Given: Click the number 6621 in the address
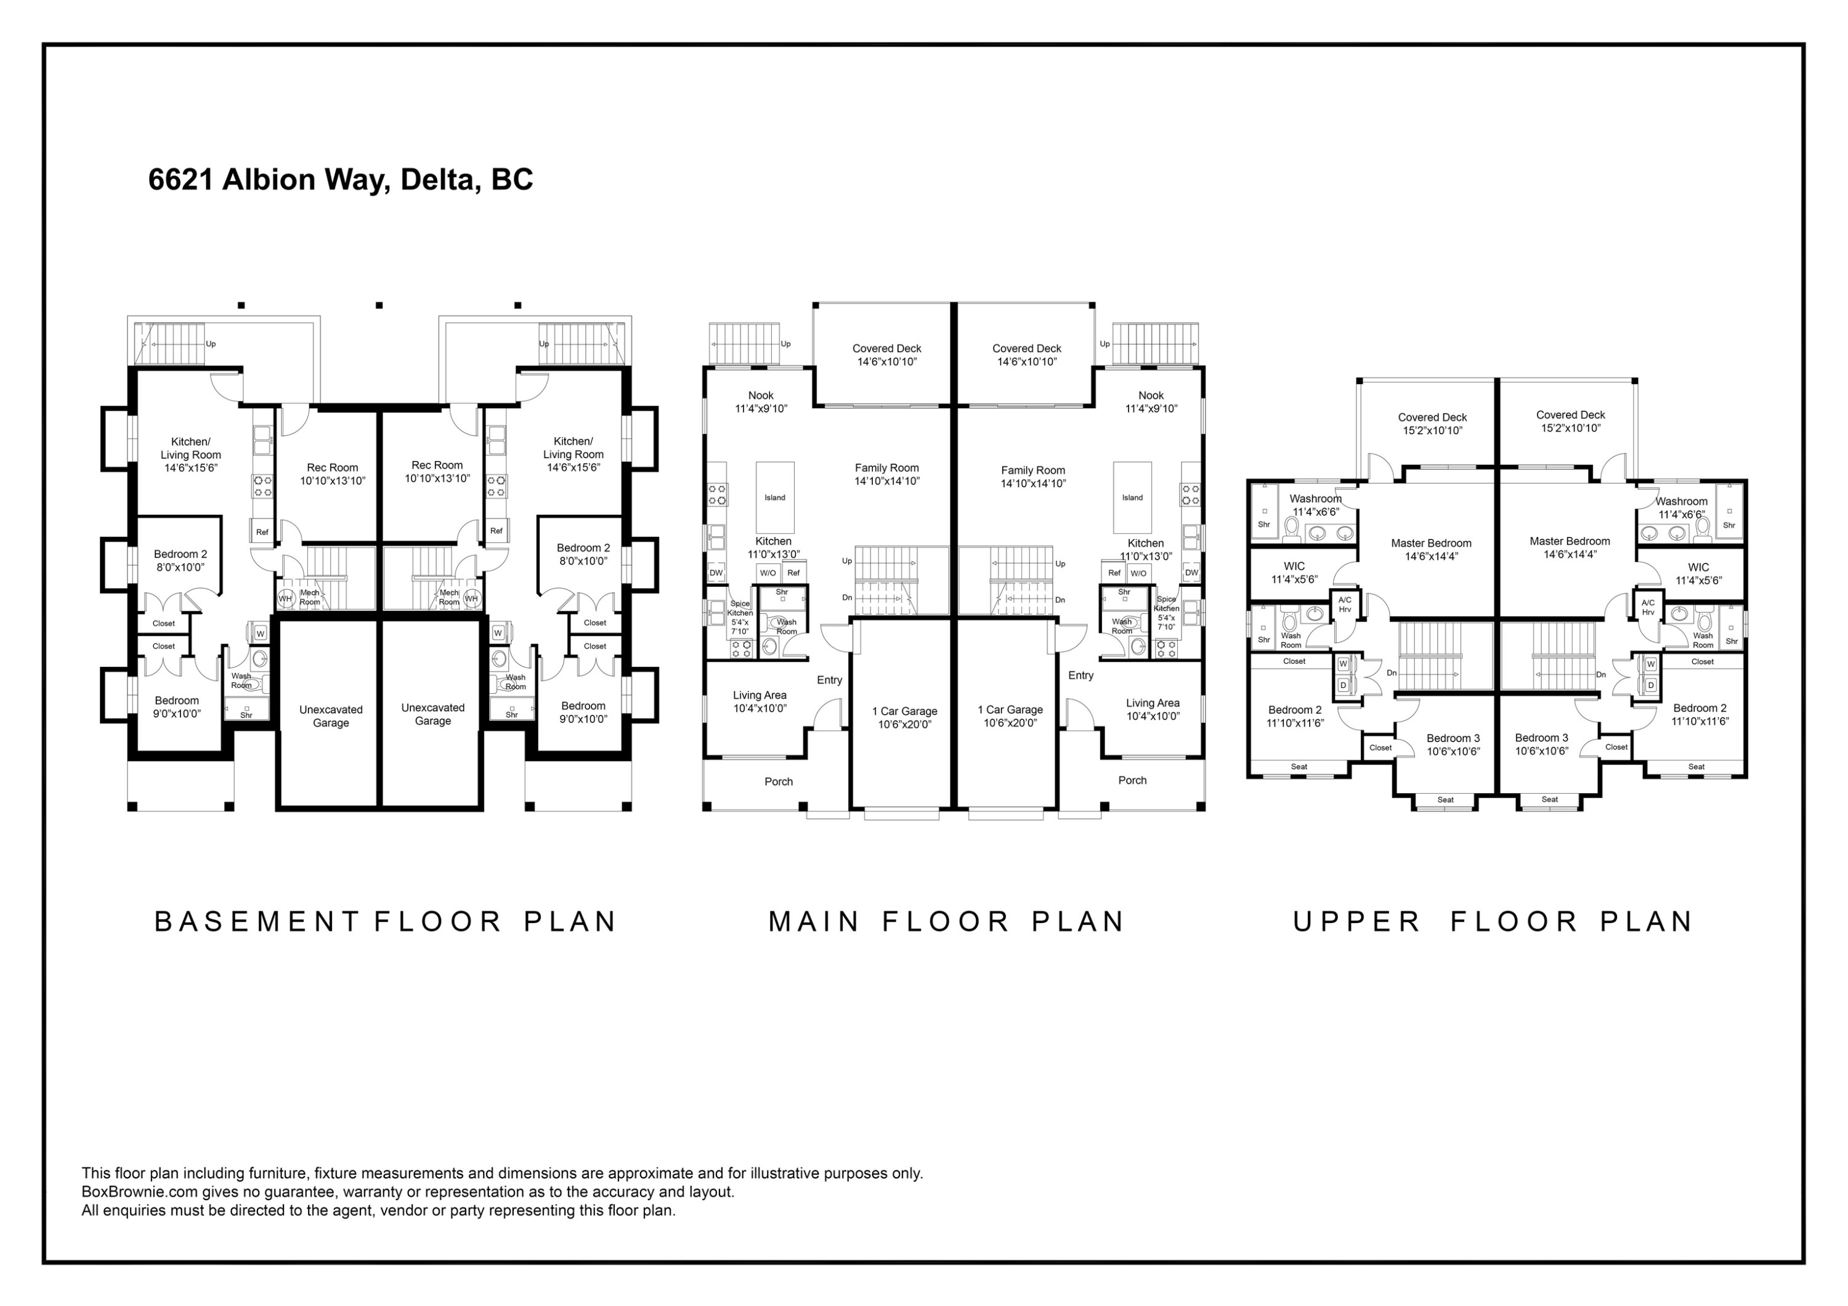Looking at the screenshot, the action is pyautogui.click(x=181, y=179).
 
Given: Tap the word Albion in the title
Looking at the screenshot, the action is pyautogui.click(x=268, y=179).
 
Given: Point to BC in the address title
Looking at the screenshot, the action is pyautogui.click(x=513, y=179).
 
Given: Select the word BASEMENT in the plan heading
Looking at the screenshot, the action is pyautogui.click(x=257, y=921).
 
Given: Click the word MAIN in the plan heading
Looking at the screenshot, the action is pyautogui.click(x=814, y=921).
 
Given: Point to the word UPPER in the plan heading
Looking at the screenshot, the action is pyautogui.click(x=1357, y=921).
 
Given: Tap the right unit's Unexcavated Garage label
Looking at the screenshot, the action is pyautogui.click(x=433, y=714).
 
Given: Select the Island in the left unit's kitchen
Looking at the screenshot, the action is pyautogui.click(x=775, y=498).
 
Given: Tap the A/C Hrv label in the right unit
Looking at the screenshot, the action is pyautogui.click(x=1648, y=608).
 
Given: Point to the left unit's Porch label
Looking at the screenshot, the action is pyautogui.click(x=779, y=781).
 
